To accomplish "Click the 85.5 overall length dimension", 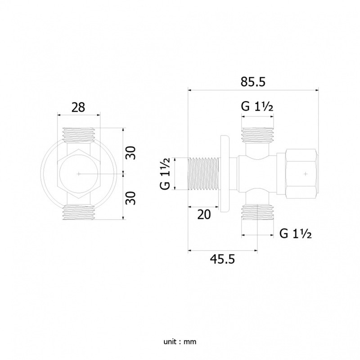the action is click(x=253, y=81).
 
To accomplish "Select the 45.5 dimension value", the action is click(x=222, y=260).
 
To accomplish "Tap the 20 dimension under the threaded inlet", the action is click(x=204, y=215).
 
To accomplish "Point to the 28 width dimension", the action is click(x=78, y=108).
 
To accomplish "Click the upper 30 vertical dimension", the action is click(x=131, y=153).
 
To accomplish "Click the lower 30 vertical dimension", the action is click(x=131, y=198).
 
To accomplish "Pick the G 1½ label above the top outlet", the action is click(x=257, y=106).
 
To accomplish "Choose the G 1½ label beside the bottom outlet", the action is click(x=296, y=234).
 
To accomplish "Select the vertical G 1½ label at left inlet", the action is click(x=165, y=174).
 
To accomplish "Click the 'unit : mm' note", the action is click(x=180, y=342).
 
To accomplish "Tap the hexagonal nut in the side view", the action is click(x=301, y=174).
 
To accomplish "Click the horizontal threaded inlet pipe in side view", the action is click(x=203, y=174).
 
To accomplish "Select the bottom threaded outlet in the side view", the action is click(x=257, y=212).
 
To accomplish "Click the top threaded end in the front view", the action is click(x=78, y=135).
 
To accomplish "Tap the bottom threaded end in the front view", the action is click(x=78, y=213).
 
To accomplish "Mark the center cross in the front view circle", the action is click(x=78, y=174).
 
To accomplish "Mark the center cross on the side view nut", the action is click(x=306, y=174).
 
